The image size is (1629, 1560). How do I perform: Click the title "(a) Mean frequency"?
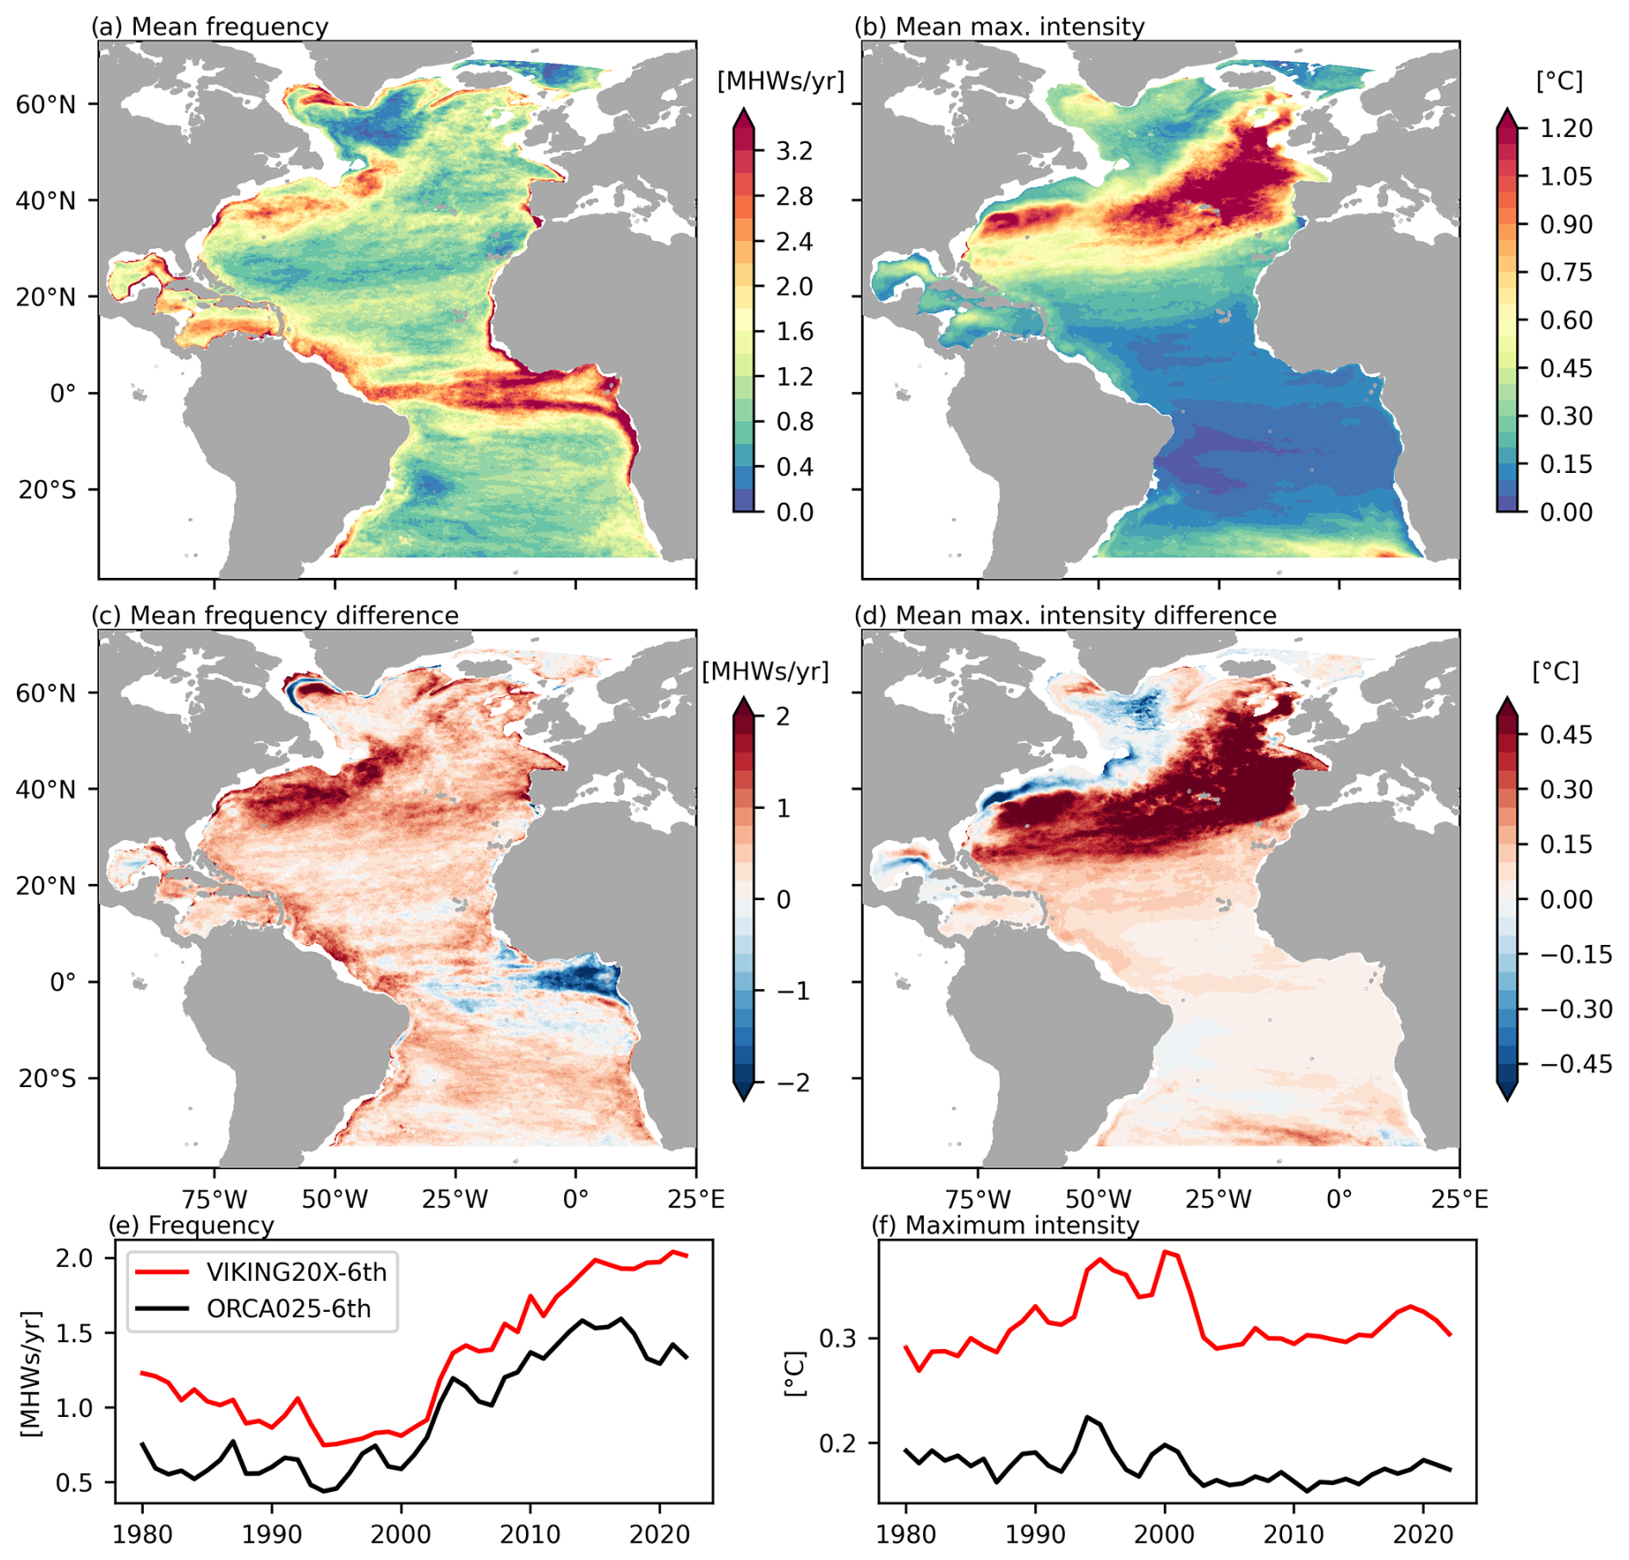209,27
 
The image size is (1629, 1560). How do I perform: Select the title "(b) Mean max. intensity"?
999,27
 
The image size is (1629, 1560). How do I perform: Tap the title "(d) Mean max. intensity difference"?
1064,615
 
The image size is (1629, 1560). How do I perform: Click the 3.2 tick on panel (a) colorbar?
794,152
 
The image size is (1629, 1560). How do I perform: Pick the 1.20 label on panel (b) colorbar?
1566,128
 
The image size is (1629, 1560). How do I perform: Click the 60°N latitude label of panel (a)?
46,104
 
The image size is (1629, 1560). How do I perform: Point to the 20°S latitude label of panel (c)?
46,1078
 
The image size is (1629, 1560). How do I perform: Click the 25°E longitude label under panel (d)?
1459,1198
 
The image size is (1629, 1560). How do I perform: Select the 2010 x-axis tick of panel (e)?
530,1534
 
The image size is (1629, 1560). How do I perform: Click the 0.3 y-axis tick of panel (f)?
837,1338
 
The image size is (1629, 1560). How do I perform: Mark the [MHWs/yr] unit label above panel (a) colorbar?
780,81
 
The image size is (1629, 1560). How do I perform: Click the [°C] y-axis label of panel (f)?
796,1374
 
